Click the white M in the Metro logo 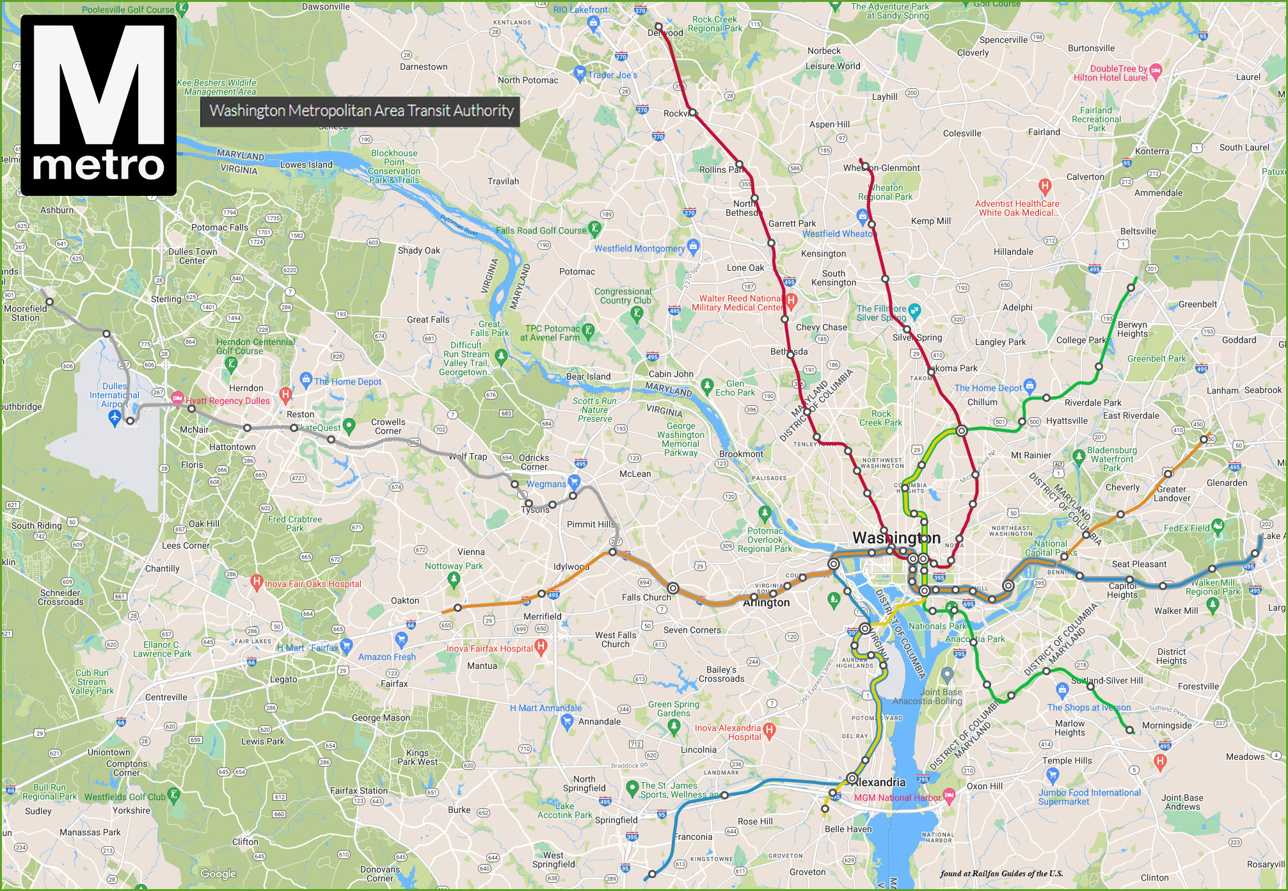point(99,86)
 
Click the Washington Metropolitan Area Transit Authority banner point(360,111)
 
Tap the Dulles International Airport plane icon point(115,418)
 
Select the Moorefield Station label point(26,313)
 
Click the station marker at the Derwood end point(658,26)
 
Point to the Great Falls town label point(428,319)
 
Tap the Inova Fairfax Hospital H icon point(541,647)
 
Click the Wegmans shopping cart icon point(573,482)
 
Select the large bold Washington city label point(896,538)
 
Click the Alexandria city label point(881,782)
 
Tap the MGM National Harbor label point(898,798)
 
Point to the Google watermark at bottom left point(218,874)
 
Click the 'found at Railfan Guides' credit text point(1001,873)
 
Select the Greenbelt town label point(1197,304)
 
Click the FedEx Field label point(1186,528)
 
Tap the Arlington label point(767,602)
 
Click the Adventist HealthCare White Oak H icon point(1045,187)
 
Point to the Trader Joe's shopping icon point(580,72)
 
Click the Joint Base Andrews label point(1182,802)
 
